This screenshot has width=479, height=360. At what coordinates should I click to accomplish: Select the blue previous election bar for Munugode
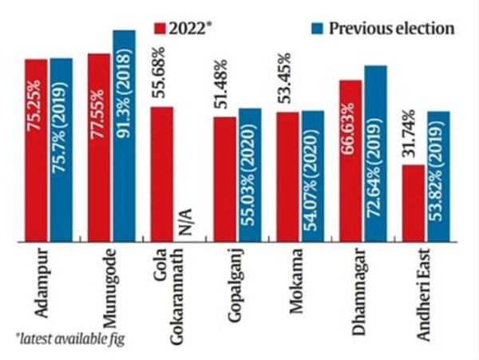[x=124, y=136]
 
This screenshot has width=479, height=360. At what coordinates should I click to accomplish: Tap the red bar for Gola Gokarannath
[x=160, y=172]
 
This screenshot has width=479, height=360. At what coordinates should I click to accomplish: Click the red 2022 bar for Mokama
[x=287, y=176]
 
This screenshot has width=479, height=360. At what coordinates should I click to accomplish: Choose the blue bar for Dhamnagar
[x=375, y=152]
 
